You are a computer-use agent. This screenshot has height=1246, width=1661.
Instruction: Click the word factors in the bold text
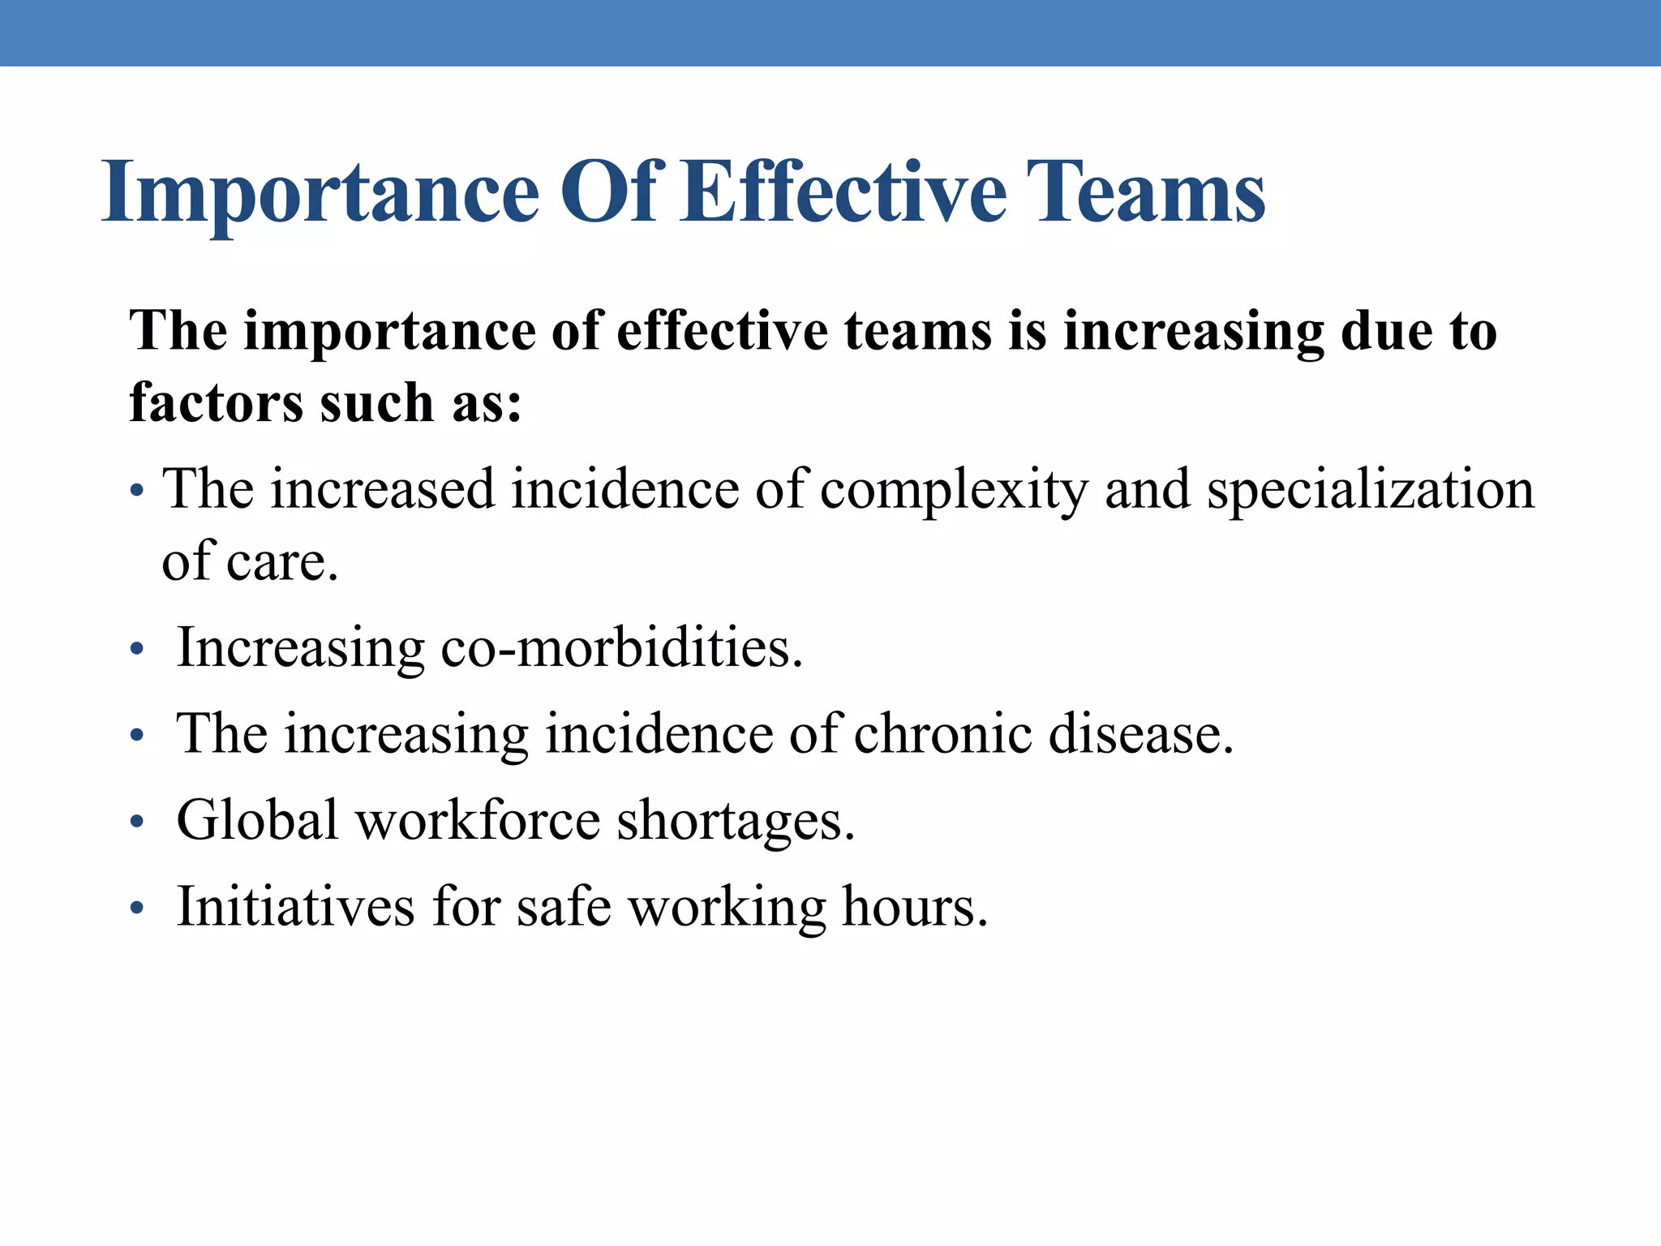click(x=216, y=402)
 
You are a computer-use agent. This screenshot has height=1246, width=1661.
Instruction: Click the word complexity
click(x=953, y=491)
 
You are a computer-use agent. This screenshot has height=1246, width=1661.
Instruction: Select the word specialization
click(x=1371, y=491)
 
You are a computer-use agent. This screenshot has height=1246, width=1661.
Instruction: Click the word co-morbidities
click(x=621, y=648)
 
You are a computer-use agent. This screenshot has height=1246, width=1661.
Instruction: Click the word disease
click(x=1140, y=734)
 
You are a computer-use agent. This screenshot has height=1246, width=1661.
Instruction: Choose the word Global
click(x=257, y=820)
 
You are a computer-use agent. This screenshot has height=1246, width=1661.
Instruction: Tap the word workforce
click(x=479, y=820)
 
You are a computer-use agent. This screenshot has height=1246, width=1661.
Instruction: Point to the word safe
click(x=564, y=906)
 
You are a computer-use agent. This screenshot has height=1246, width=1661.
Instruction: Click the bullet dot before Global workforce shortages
click(x=137, y=823)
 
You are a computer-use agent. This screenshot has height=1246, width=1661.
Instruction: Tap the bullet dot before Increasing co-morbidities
click(x=137, y=651)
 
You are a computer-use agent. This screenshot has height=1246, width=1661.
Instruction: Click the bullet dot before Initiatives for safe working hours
click(x=137, y=909)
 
